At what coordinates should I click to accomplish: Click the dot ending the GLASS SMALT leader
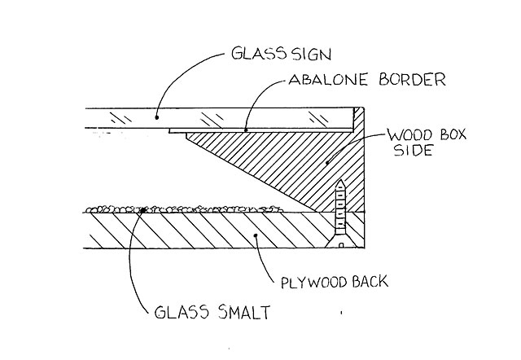click(x=143, y=210)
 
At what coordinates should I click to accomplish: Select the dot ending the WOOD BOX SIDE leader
click(x=330, y=163)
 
